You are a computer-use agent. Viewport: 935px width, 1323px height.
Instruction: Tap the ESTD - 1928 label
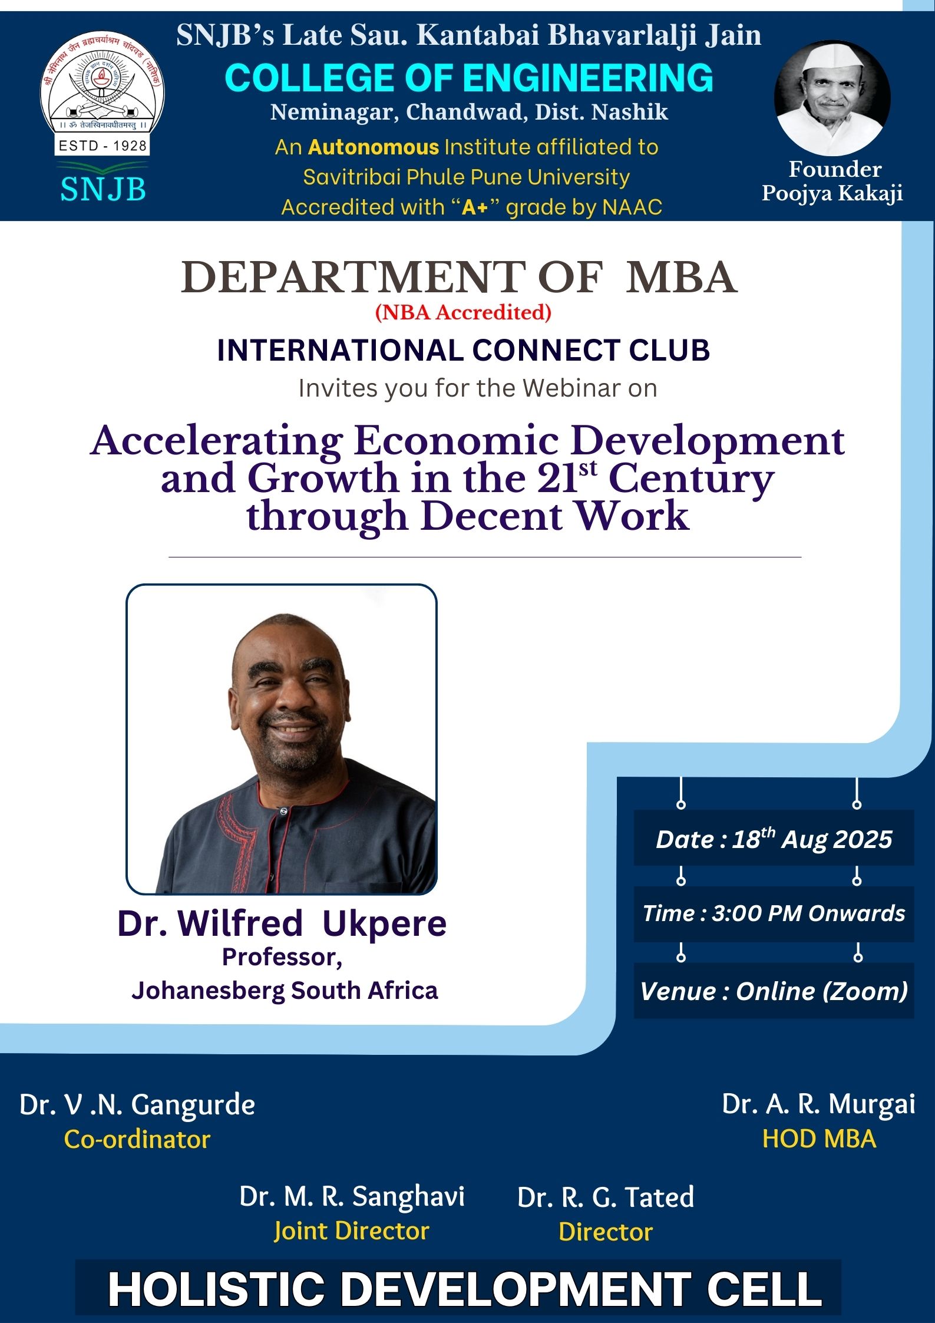102,146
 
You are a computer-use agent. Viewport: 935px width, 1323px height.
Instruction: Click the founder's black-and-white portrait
831,98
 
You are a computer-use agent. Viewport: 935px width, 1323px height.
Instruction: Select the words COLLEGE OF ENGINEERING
468,78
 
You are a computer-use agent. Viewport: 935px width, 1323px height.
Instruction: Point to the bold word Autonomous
374,147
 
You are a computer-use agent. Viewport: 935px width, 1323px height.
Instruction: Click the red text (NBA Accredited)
463,312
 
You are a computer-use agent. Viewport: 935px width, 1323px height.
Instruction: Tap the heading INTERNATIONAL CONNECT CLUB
463,350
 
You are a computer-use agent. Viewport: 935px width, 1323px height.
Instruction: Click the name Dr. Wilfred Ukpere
282,923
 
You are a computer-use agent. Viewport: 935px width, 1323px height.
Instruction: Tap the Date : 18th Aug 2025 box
774,839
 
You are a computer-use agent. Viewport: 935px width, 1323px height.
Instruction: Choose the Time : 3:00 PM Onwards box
774,913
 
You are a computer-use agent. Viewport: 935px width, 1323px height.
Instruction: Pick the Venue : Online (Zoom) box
774,991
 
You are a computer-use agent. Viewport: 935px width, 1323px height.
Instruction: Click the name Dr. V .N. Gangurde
137,1105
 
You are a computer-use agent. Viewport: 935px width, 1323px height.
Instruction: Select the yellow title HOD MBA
819,1139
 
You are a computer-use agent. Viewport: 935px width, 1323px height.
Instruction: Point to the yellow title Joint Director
352,1232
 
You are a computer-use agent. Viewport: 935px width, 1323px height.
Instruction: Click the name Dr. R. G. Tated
606,1197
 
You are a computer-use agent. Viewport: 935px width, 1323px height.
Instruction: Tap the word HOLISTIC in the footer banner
216,1289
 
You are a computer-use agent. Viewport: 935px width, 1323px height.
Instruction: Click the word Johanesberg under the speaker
207,991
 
